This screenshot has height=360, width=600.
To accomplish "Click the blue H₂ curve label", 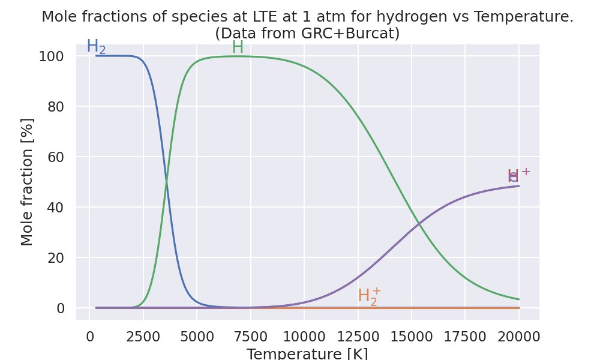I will click(x=96, y=47).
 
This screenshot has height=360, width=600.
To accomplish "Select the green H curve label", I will click(x=238, y=47).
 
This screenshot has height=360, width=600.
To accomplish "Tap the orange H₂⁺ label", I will click(x=369, y=296).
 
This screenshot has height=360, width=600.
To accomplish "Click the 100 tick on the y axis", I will click(x=52, y=56).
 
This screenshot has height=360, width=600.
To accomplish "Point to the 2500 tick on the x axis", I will click(x=143, y=337).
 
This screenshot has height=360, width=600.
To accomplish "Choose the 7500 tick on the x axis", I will click(x=251, y=337).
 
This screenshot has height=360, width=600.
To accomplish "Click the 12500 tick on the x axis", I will click(x=358, y=337).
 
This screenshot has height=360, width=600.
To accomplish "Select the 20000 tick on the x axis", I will click(x=519, y=337).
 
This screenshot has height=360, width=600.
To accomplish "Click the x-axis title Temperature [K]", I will click(x=307, y=353).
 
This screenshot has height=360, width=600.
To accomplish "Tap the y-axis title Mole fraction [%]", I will click(x=28, y=182).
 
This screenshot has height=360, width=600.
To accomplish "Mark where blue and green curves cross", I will click(x=166, y=182).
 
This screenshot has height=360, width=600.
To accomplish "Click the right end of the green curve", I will click(x=519, y=299).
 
